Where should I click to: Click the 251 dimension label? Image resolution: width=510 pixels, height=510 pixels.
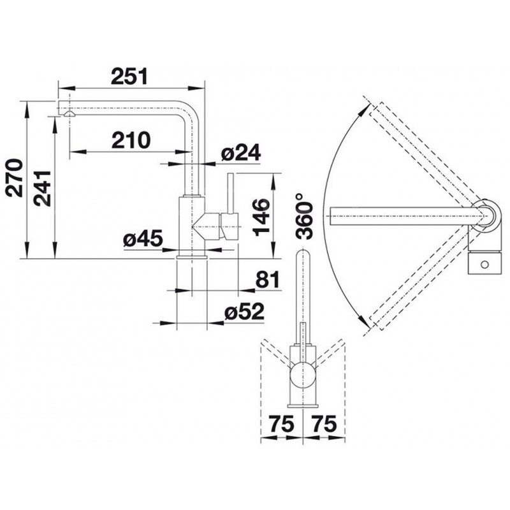click(x=129, y=76)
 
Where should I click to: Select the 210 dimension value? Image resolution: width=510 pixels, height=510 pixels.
click(x=131, y=140)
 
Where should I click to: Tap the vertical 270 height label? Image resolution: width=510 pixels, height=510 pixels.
click(x=15, y=178)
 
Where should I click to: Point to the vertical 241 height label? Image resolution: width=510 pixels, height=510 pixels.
click(x=43, y=188)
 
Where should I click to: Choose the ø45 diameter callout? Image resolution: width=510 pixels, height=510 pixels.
click(x=143, y=239)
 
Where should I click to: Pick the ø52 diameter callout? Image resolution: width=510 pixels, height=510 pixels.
click(x=244, y=312)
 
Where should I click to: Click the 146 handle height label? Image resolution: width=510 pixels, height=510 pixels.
click(x=261, y=217)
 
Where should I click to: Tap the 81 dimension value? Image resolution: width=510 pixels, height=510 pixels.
click(x=267, y=279)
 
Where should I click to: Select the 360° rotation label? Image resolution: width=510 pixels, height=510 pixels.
click(x=305, y=216)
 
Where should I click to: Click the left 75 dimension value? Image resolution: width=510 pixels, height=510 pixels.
click(x=282, y=424)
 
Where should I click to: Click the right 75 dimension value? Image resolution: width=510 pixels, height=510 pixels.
click(x=324, y=424)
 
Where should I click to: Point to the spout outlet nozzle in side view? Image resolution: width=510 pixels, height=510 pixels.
click(x=69, y=113)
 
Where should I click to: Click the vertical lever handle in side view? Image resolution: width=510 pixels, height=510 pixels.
click(x=231, y=194)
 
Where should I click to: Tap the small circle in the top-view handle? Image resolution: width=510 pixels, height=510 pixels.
click(x=484, y=264)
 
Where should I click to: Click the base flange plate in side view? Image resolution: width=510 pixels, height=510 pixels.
click(x=192, y=258)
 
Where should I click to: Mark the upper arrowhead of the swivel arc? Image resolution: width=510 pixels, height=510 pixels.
click(x=363, y=110)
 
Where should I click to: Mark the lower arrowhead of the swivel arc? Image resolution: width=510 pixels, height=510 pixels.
click(x=363, y=321)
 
